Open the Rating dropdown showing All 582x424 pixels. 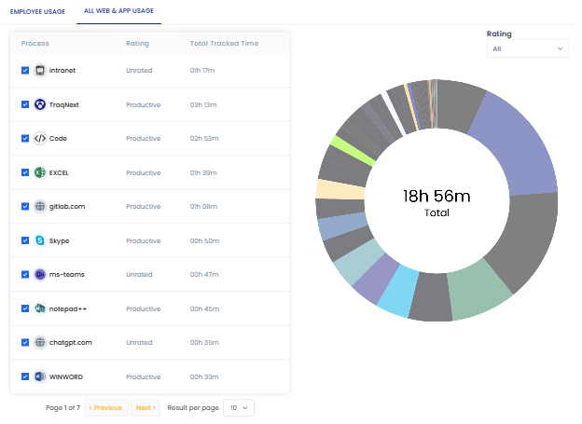coord(527,48)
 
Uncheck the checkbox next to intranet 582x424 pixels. coord(25,70)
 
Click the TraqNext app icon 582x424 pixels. coord(40,104)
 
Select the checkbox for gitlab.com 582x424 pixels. coord(25,207)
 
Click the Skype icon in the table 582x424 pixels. coord(40,240)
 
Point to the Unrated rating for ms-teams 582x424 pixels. coord(139,275)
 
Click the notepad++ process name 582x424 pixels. coord(67,308)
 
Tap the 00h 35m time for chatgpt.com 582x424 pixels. coord(203,343)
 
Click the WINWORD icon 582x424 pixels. coord(40,376)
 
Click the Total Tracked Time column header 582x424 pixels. coord(224,44)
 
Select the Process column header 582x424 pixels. coord(35,44)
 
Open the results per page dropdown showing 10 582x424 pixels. coord(238,407)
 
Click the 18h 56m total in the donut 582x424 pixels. coord(436,196)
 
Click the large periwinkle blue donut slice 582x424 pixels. coord(519,140)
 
